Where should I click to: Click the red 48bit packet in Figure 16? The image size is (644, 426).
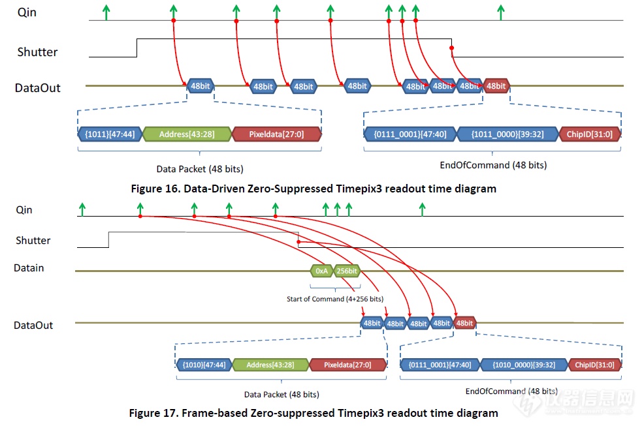[496, 85]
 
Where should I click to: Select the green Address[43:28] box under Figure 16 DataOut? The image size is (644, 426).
[187, 134]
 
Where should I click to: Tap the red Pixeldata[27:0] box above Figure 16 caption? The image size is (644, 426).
[276, 134]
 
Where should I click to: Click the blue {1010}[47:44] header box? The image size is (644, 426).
[204, 365]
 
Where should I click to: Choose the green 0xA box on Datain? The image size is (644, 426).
[321, 270]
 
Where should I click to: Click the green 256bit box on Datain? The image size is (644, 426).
[346, 270]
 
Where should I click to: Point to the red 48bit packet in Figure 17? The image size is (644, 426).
[464, 323]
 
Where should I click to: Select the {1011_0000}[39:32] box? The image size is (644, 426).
[506, 134]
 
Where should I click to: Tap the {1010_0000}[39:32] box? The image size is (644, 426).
[524, 365]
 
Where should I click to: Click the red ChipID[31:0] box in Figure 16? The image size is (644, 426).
[590, 134]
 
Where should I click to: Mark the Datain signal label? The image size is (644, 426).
[29, 267]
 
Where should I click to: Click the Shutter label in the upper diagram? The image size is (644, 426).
[37, 52]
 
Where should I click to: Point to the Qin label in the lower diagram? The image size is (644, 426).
[24, 210]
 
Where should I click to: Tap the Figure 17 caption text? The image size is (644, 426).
[314, 412]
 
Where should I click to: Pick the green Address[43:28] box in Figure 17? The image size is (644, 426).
[270, 365]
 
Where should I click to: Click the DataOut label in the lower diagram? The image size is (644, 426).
[33, 325]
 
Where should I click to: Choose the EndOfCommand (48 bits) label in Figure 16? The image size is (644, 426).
[493, 165]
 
